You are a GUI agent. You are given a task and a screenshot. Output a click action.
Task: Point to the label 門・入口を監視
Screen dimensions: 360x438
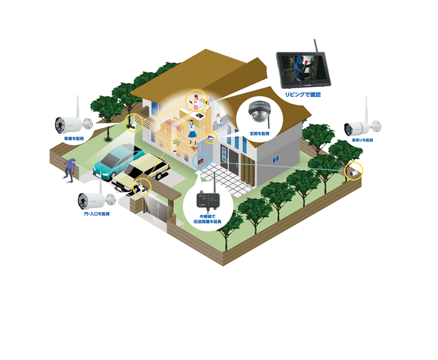click(97, 214)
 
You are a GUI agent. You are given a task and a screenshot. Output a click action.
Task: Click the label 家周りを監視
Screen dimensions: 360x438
click(362, 140)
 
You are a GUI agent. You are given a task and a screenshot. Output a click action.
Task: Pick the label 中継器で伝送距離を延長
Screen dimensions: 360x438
click(210, 218)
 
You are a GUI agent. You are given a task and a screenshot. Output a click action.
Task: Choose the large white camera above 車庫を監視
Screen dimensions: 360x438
click(71, 124)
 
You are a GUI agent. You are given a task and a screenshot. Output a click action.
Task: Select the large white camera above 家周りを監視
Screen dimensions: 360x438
click(362, 127)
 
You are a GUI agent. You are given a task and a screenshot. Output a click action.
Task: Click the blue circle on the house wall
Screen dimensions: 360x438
click(200, 161)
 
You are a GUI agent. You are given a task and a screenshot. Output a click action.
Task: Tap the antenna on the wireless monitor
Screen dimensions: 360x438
click(316, 47)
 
